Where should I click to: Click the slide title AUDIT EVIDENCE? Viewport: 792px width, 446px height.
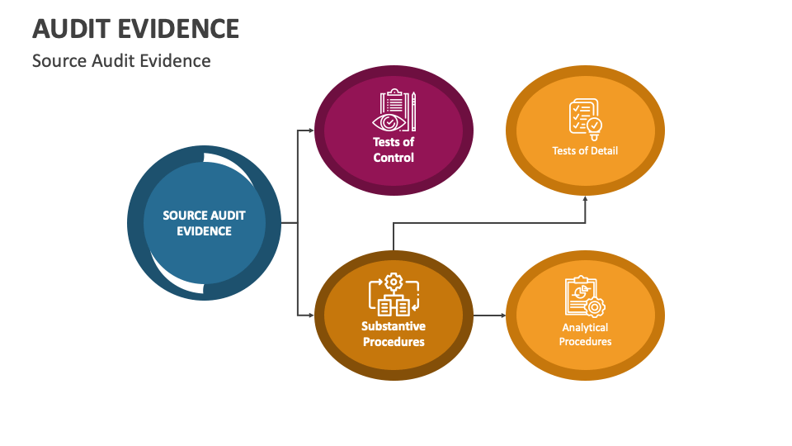click(x=135, y=28)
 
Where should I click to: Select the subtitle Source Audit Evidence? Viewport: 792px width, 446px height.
click(x=121, y=61)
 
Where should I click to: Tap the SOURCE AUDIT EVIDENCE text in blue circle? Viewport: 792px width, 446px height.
click(x=204, y=223)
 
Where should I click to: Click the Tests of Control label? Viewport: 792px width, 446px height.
click(x=394, y=149)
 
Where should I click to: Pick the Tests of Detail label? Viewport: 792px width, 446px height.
click(x=585, y=150)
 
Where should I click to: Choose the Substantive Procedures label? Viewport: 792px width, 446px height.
click(x=394, y=334)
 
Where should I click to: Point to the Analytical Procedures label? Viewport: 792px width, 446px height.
click(x=585, y=334)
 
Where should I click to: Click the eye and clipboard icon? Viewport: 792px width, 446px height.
click(x=396, y=111)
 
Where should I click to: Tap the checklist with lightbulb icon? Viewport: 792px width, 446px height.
click(x=585, y=119)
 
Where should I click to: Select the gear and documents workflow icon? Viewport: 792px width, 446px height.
click(x=394, y=295)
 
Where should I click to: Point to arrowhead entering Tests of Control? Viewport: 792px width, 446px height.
click(x=311, y=130)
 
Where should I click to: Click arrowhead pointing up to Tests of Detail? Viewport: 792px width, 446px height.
click(x=585, y=198)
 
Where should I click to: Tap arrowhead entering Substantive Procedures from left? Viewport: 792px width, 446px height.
click(x=311, y=316)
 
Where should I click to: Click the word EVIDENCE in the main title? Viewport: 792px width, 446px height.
click(x=179, y=28)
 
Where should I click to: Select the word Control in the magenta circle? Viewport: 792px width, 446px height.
click(x=394, y=157)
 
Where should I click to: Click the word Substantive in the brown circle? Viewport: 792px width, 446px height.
click(x=394, y=327)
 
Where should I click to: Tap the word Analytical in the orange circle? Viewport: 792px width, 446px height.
click(x=585, y=328)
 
